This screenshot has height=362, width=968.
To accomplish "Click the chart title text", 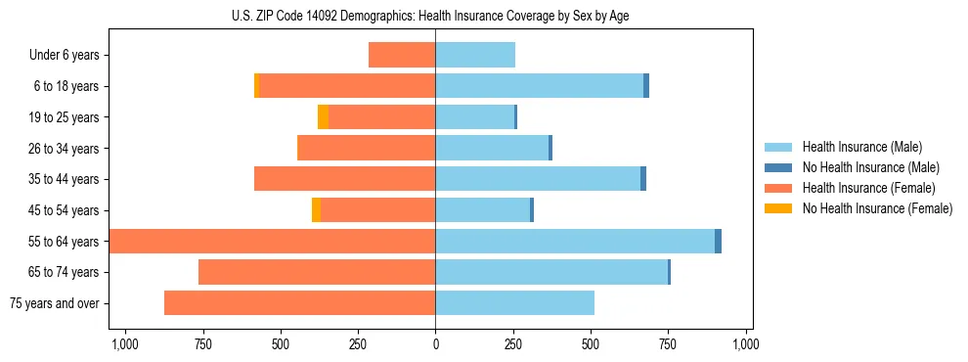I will (435, 16).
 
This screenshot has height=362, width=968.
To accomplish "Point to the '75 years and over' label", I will (56, 303).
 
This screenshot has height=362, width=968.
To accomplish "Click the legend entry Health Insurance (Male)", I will (861, 147).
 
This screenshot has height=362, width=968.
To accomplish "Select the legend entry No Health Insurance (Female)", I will (877, 208).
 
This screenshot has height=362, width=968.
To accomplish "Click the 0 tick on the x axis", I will (435, 344).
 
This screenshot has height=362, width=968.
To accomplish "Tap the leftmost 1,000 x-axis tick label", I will (124, 344).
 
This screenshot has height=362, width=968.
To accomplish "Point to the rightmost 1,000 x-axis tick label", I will (746, 344).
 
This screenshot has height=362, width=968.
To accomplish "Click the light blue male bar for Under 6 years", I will (475, 56).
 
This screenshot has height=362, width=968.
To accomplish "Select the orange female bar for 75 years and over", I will (299, 303).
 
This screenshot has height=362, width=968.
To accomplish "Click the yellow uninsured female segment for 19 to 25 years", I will (323, 117).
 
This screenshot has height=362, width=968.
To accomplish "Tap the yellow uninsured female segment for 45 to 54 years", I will (316, 210).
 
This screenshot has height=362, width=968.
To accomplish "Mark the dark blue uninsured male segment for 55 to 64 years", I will (718, 242).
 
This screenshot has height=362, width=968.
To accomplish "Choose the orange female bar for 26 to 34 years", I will (366, 149).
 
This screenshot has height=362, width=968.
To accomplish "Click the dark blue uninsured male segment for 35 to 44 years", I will (643, 179).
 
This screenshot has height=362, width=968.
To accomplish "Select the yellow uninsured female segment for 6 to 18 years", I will (257, 86).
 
